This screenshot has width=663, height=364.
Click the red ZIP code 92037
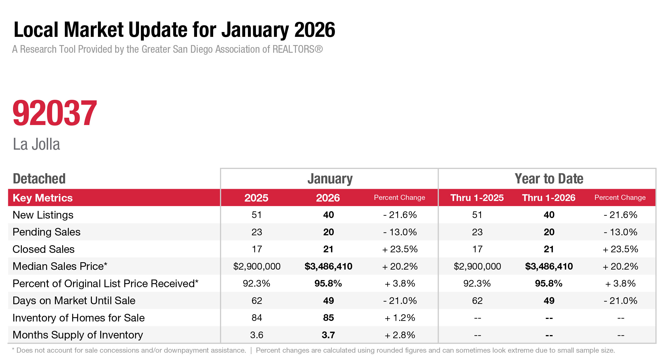55,113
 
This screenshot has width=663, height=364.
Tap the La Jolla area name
37,144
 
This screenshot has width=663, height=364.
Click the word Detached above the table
39,179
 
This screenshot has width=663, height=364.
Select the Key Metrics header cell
43,198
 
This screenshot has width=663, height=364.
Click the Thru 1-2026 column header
549,198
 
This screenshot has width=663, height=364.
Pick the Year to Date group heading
549,179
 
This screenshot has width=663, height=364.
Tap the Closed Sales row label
44,249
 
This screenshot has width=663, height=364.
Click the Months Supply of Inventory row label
78,335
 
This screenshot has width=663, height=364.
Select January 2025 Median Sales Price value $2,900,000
257,266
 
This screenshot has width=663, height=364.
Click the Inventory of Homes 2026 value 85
328,318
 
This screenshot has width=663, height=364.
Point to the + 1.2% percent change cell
400,318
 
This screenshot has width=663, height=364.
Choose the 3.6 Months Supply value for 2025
257,335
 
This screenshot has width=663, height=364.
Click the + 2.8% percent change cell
400,335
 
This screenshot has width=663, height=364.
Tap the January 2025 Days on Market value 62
257,300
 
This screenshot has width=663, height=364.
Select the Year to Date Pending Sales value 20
549,232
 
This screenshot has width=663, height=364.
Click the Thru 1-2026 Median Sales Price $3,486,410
549,266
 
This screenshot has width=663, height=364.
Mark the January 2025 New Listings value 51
256,215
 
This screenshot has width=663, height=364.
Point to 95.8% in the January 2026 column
328,283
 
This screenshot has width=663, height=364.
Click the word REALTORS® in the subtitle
298,49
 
